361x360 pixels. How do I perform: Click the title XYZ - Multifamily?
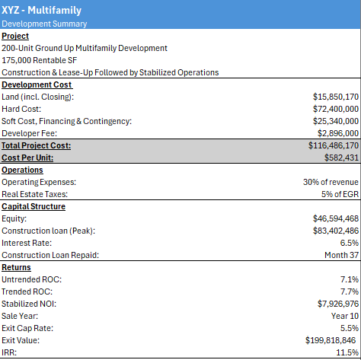tap(41, 11)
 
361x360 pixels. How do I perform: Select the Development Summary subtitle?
tap(43, 24)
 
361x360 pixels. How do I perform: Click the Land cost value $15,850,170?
tap(335, 97)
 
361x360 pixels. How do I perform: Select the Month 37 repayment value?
tap(341, 255)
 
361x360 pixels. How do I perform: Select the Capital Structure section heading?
tap(34, 206)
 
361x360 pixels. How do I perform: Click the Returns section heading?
tap(17, 267)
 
